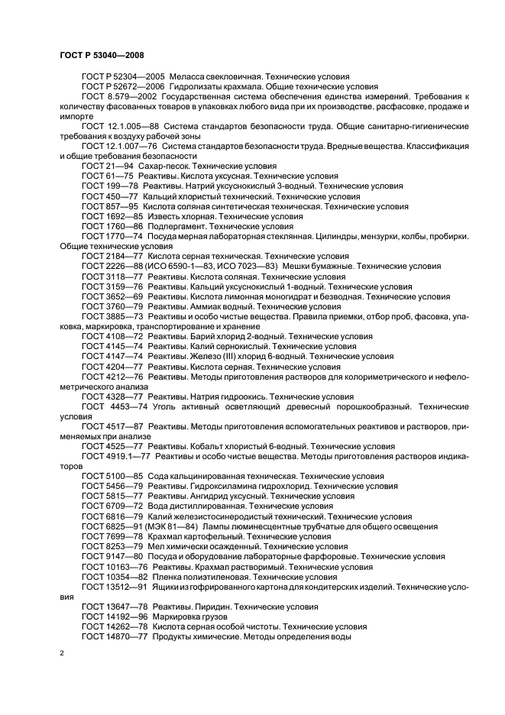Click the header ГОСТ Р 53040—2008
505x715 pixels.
pos(102,56)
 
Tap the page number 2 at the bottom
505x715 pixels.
pos(62,653)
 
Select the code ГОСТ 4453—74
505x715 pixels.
pos(108,406)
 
